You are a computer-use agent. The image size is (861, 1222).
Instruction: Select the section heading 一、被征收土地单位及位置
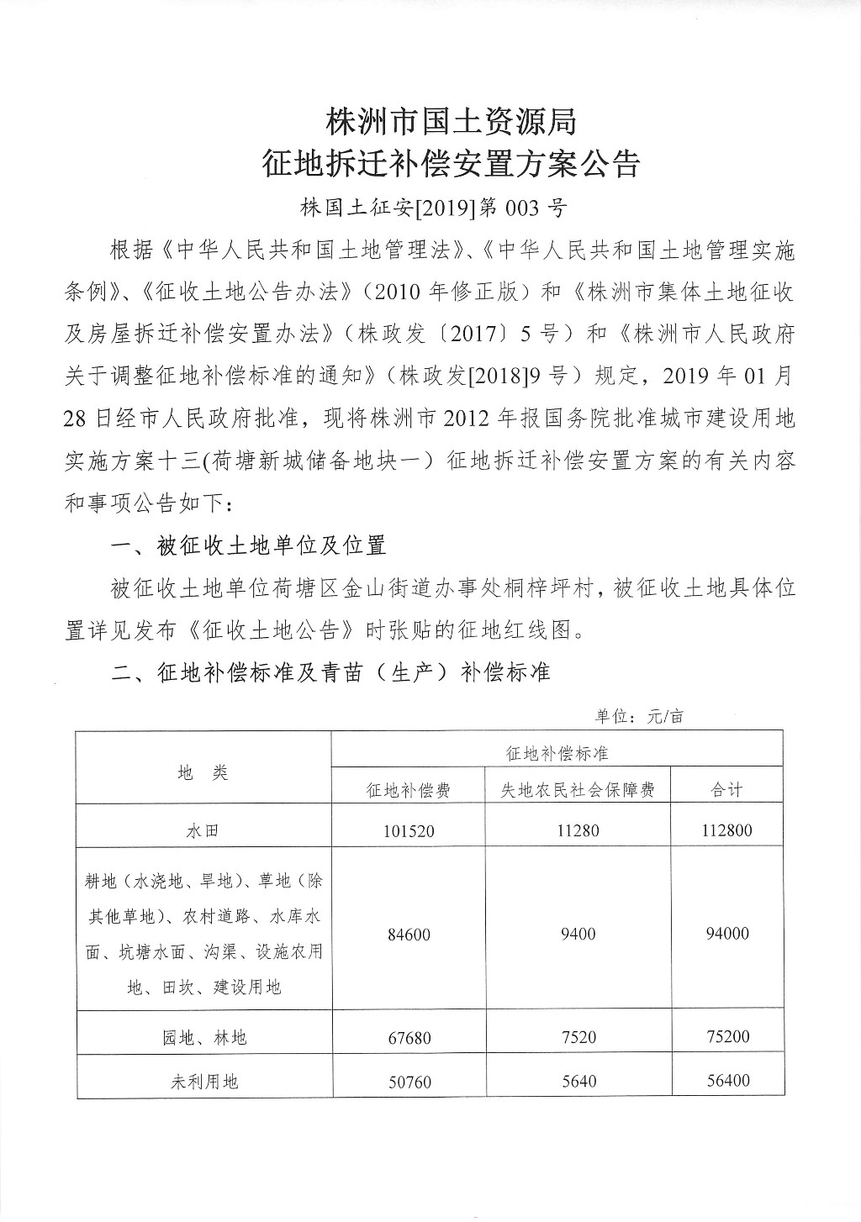pyautogui.click(x=249, y=545)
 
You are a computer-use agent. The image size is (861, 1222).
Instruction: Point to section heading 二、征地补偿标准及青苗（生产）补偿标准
pyautogui.click(x=331, y=672)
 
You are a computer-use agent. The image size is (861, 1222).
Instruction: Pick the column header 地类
pyautogui.click(x=203, y=772)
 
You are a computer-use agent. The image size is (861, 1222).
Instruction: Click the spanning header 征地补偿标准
pyautogui.click(x=557, y=753)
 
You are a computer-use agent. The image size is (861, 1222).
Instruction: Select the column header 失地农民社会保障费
pyautogui.click(x=578, y=790)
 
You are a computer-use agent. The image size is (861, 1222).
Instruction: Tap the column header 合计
pyautogui.click(x=727, y=790)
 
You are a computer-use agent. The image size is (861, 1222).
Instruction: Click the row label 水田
pyautogui.click(x=203, y=830)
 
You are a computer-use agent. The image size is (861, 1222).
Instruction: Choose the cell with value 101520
pyautogui.click(x=409, y=830)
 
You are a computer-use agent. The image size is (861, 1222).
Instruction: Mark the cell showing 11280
pyautogui.click(x=578, y=830)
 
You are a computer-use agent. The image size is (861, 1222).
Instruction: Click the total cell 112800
pyautogui.click(x=727, y=830)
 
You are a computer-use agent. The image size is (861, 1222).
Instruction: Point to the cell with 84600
pyautogui.click(x=409, y=934)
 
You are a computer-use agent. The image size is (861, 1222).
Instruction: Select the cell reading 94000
pyautogui.click(x=727, y=934)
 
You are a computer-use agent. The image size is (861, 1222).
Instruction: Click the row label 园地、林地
pyautogui.click(x=203, y=1038)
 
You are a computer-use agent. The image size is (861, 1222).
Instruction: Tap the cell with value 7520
pyautogui.click(x=578, y=1038)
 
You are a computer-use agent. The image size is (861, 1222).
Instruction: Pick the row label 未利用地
pyautogui.click(x=203, y=1082)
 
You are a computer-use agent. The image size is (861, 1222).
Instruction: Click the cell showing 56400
pyautogui.click(x=727, y=1081)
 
